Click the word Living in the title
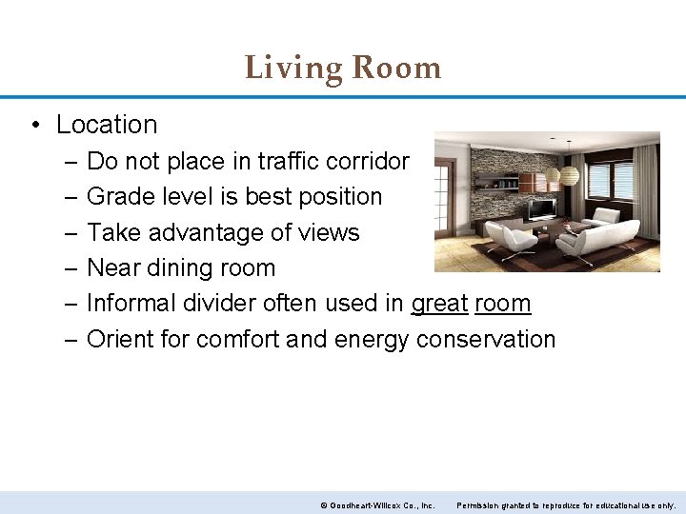point(293,69)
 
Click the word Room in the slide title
point(396,69)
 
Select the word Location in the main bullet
point(107,125)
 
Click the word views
point(330,232)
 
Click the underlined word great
point(439,304)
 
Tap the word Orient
point(118,340)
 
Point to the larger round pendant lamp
point(569,175)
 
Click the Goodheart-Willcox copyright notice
point(377,505)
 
